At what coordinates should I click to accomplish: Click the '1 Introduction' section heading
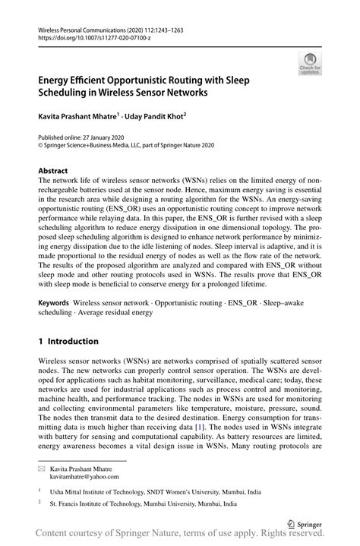coord(69,341)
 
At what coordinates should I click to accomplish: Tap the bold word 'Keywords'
coord(55,302)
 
